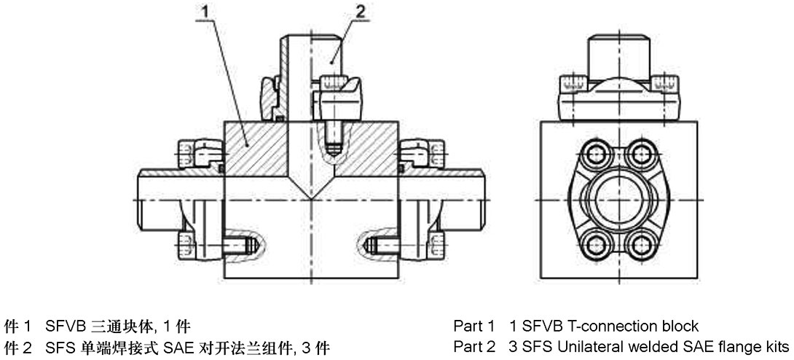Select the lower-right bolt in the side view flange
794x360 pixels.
point(641,243)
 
